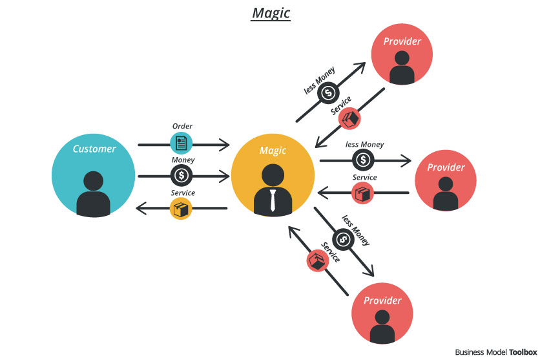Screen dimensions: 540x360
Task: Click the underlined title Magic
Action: [271, 14]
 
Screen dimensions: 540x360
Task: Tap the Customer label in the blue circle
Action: [94, 149]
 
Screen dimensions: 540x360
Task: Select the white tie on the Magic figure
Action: [273, 200]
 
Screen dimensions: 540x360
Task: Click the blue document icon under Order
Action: [181, 143]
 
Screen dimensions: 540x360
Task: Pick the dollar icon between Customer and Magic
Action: [182, 175]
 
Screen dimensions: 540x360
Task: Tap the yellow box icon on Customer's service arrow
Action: [181, 208]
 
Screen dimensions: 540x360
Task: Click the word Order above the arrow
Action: [182, 126]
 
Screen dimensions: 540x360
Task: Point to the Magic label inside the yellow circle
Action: [273, 151]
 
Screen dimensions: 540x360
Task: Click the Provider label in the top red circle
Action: [402, 41]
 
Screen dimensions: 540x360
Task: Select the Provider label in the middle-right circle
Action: [446, 167]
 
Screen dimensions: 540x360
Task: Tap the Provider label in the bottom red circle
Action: [382, 301]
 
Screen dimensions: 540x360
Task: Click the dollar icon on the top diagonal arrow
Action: [328, 92]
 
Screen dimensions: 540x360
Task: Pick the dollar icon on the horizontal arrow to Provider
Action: [363, 160]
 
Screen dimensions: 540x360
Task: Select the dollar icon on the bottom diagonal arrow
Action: [344, 239]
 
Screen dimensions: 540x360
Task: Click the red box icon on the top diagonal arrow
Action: [349, 118]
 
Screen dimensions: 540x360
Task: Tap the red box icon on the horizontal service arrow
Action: [362, 193]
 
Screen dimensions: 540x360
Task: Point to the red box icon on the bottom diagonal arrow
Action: [318, 260]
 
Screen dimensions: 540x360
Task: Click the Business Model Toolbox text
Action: [496, 352]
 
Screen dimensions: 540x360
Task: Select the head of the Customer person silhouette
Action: [93, 181]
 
